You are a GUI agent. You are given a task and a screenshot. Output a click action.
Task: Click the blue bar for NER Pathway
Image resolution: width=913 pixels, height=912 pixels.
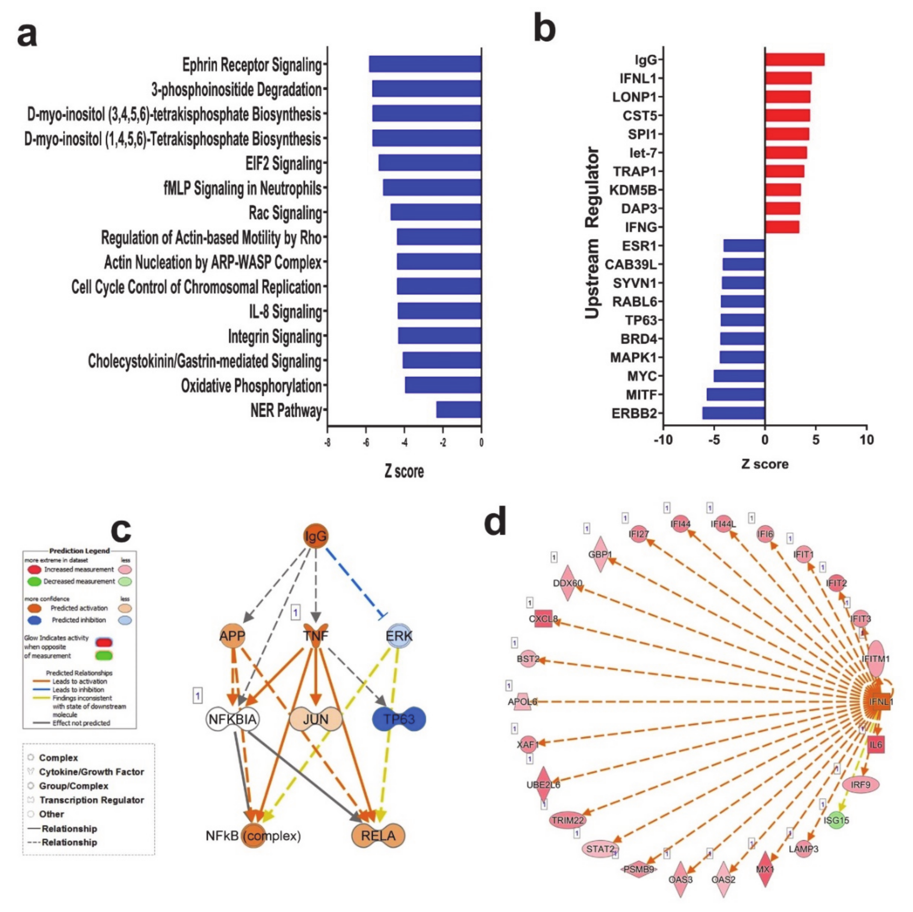458,409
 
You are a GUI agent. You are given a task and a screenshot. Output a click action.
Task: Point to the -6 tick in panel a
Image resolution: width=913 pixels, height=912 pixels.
366,443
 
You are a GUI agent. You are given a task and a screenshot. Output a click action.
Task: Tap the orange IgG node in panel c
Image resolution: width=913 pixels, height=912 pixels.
315,536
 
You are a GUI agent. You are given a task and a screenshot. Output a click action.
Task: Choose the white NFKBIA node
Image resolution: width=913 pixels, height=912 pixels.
232,719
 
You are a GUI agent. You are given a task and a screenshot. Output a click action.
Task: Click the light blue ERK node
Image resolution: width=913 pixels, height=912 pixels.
399,635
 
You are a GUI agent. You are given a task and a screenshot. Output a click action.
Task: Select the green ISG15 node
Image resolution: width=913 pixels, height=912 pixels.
836,820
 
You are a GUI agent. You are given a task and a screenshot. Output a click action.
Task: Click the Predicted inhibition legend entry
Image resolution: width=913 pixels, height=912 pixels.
78,620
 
